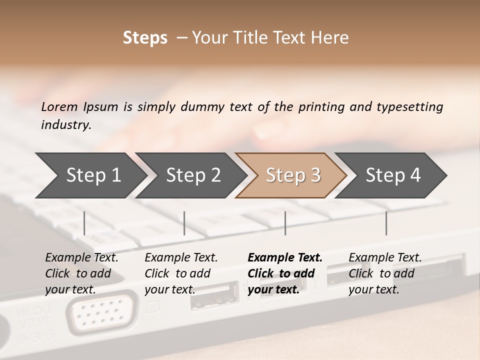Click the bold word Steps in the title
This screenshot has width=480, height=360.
(145, 38)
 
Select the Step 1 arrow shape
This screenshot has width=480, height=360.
(90, 175)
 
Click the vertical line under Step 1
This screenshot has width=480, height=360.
(84, 223)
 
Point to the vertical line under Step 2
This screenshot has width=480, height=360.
(184, 223)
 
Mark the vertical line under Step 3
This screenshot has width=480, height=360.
(285, 223)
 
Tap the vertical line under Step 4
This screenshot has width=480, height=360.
(386, 223)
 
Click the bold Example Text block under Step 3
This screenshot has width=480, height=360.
(285, 273)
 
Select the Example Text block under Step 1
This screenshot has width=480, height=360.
(81, 273)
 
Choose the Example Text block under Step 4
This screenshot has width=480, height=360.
(385, 273)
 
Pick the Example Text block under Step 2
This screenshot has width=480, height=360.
(181, 273)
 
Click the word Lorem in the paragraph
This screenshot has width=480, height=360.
(59, 107)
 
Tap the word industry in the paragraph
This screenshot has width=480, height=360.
(65, 125)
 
